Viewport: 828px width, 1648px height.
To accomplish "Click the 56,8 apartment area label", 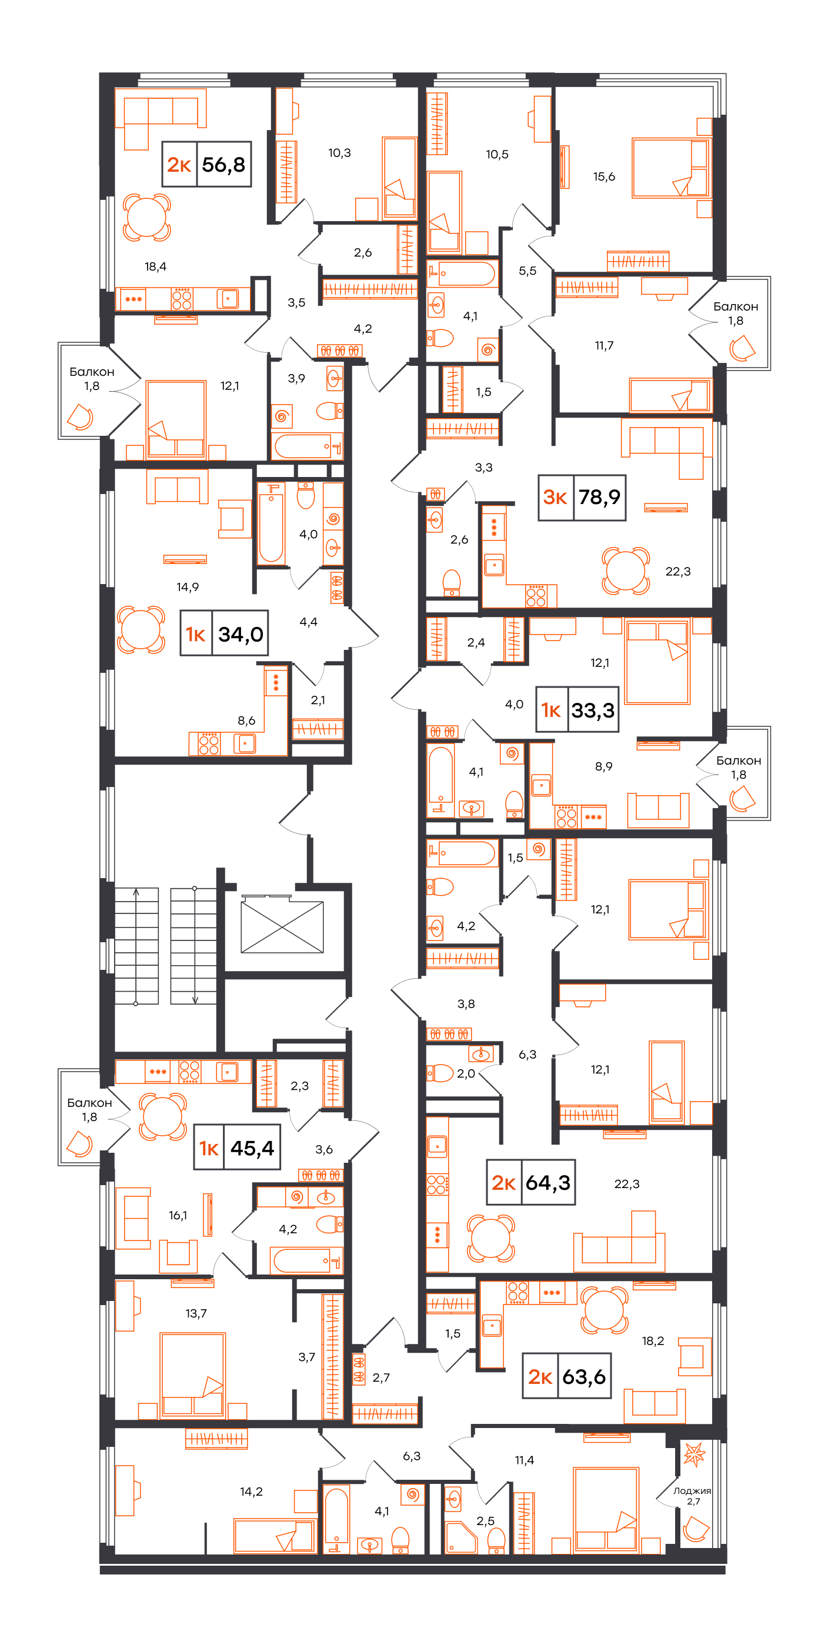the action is click(223, 165).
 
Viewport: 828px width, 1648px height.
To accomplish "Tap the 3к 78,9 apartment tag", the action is click(582, 497).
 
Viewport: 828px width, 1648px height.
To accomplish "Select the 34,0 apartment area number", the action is click(241, 634).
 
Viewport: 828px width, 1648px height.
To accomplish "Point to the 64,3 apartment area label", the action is click(547, 1182).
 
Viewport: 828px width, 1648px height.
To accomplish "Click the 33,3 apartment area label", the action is click(593, 710).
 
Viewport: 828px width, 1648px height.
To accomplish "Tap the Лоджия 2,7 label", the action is click(692, 1496).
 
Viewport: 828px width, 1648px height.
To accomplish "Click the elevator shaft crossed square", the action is click(282, 927).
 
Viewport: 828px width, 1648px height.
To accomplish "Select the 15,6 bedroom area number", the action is click(603, 176).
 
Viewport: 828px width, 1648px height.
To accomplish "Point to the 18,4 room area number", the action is click(155, 267).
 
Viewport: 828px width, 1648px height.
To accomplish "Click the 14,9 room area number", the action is click(188, 588).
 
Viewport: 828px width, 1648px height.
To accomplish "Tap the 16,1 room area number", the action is click(178, 1216).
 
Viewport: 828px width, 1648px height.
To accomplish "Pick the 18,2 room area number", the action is click(653, 1341).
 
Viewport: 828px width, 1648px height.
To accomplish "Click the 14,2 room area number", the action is click(251, 1492).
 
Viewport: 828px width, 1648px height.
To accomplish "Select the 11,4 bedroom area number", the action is click(524, 1460).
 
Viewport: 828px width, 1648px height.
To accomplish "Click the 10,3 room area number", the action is click(339, 153).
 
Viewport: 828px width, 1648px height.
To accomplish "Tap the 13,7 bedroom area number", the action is click(196, 1313).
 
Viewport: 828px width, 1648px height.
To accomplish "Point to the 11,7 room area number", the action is click(604, 345).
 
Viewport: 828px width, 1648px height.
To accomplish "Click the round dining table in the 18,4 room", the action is click(146, 218).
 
